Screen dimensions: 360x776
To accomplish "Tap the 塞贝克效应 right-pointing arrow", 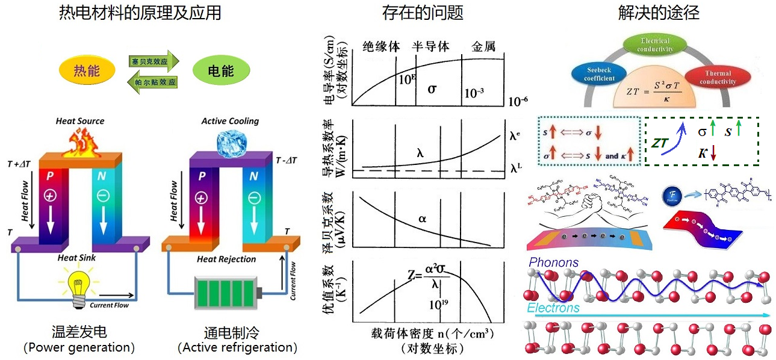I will point(154,61).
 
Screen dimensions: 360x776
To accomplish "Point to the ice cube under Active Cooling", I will point(231,140).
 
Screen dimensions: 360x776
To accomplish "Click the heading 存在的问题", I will point(423,12).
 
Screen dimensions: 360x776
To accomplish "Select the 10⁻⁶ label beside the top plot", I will point(518,101).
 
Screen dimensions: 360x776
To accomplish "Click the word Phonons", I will point(553,262).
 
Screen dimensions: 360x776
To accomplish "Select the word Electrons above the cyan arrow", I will point(553,308).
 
